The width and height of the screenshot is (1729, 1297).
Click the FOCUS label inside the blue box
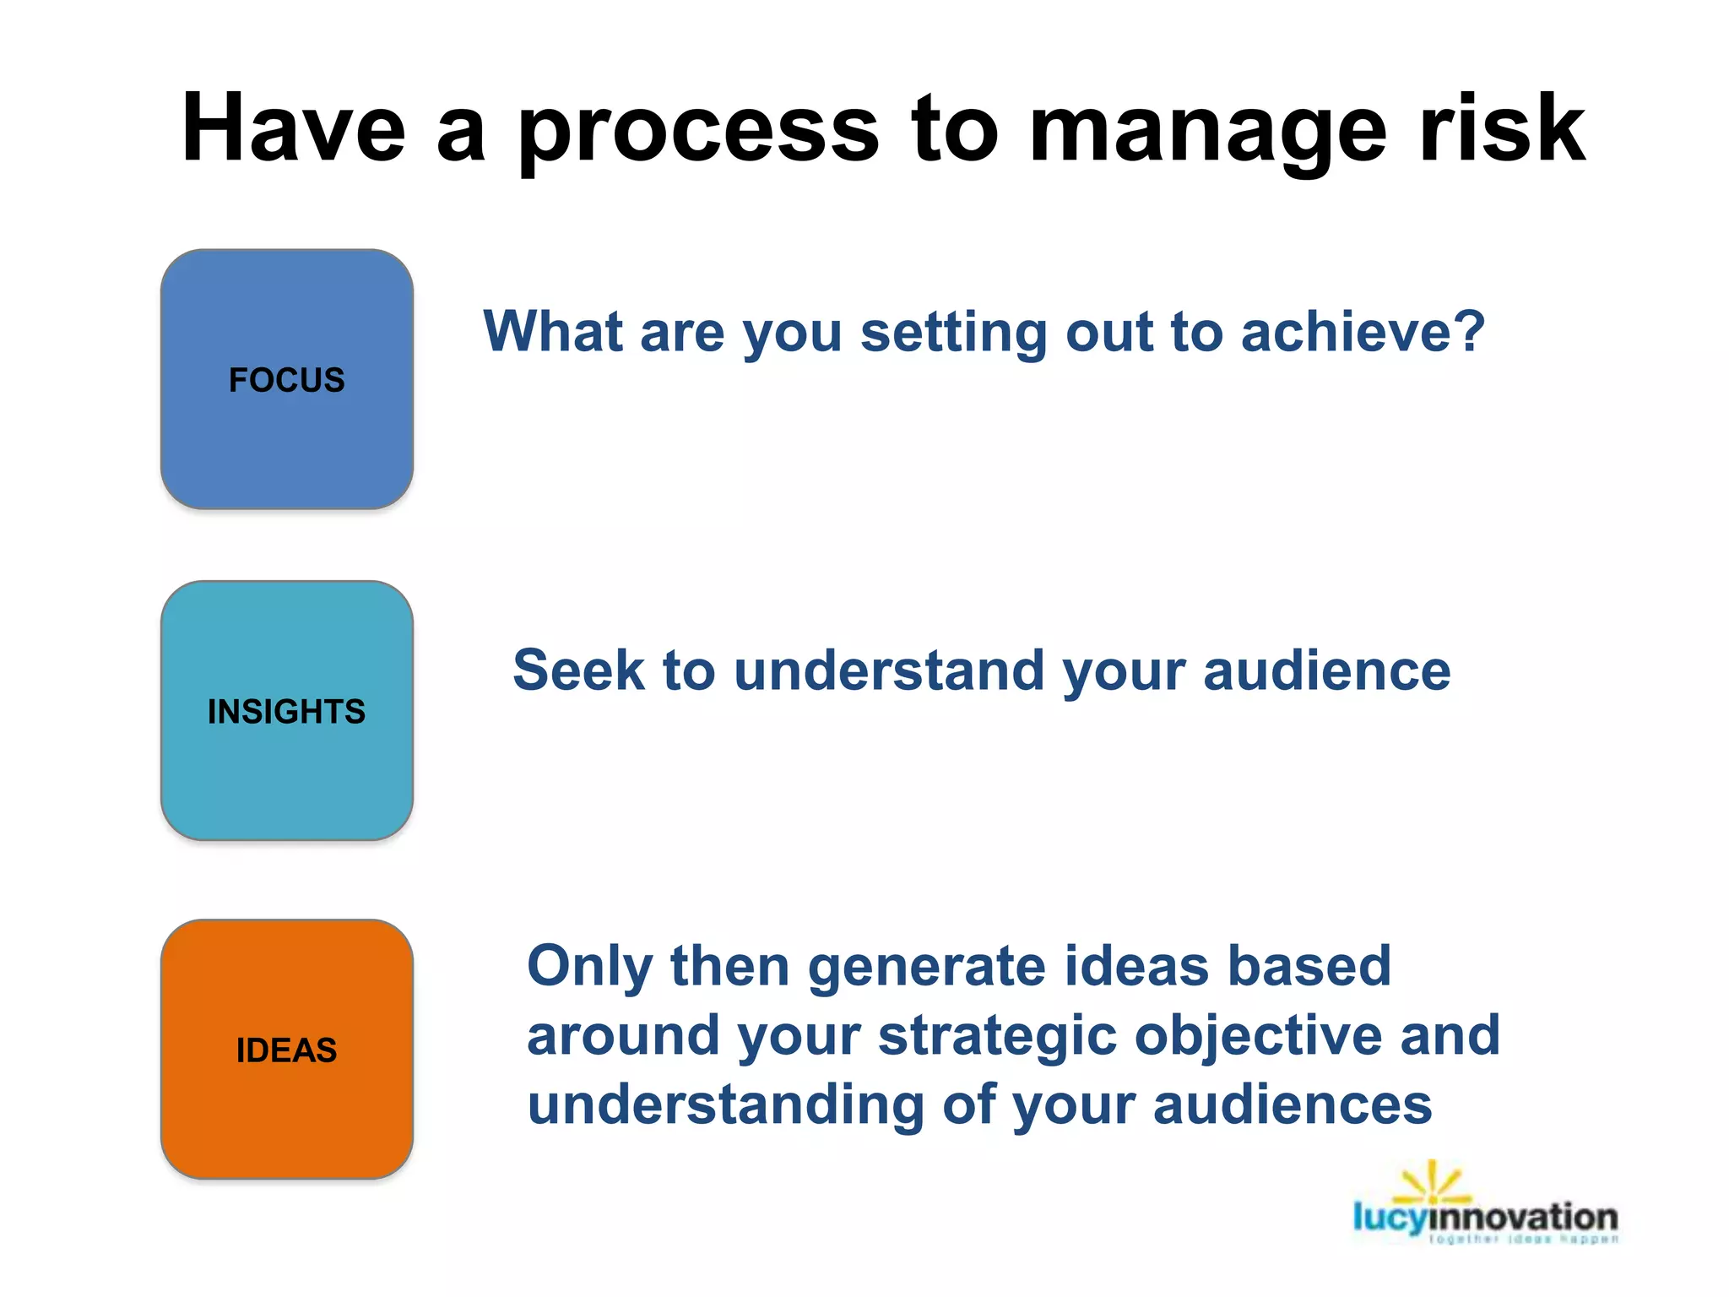click(x=287, y=380)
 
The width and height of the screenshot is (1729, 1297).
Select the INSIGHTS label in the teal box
click(x=287, y=712)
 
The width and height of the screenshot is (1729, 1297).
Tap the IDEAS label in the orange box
click(x=287, y=1050)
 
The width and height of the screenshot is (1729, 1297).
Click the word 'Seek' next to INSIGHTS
click(x=578, y=670)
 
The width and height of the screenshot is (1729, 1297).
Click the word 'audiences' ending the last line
click(x=1293, y=1105)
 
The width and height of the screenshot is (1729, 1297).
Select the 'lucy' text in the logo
click(x=1389, y=1218)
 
